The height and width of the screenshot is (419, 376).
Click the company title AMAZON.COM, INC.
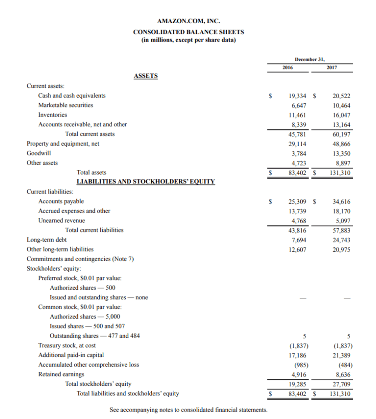pyautogui.click(x=188, y=22)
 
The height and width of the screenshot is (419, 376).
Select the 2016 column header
pyautogui.click(x=288, y=67)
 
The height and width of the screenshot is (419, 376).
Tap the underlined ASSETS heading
pyautogui.click(x=145, y=76)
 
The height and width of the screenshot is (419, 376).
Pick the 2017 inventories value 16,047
pyautogui.click(x=341, y=115)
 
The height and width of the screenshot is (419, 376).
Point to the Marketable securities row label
pyautogui.click(x=66, y=105)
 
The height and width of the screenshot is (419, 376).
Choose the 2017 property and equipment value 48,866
pyautogui.click(x=341, y=144)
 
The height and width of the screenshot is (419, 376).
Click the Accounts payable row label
pyautogui.click(x=61, y=201)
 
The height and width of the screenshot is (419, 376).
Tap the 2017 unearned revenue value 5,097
pyautogui.click(x=342, y=221)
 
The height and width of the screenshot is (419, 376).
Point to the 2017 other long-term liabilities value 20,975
pyautogui.click(x=341, y=249)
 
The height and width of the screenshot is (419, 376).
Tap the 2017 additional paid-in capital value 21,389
pyautogui.click(x=341, y=355)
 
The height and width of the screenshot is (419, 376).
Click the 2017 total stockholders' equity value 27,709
pyautogui.click(x=341, y=384)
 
